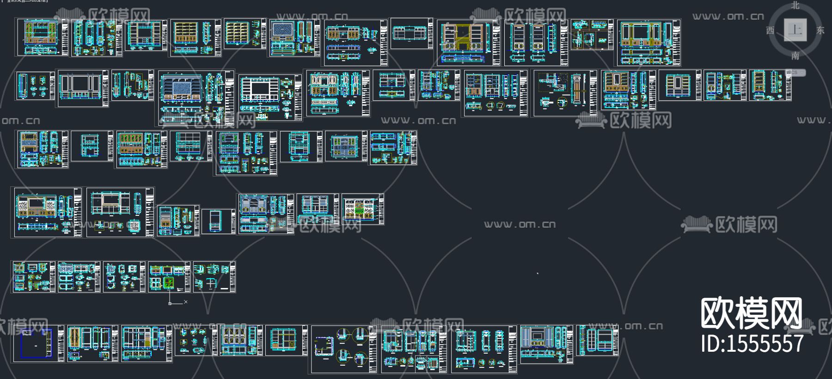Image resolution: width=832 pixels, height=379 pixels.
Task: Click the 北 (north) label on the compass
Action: pos(795,5)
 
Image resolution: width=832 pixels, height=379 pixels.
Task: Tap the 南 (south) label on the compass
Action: pos(795,55)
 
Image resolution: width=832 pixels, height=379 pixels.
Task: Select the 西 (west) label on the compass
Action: pos(770,30)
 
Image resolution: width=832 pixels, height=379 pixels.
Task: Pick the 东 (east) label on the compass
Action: pos(820,30)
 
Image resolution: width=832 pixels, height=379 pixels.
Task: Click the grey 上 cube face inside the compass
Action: pos(795,30)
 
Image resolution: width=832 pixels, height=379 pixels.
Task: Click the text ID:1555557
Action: pos(752,344)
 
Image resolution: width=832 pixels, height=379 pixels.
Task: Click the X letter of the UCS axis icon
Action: pos(186,302)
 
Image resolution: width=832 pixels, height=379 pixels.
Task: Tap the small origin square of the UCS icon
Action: pos(170,303)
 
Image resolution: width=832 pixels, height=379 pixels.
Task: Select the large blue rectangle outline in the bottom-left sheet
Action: pos(36,344)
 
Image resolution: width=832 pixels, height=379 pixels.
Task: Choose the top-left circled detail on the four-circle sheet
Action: pos(342,335)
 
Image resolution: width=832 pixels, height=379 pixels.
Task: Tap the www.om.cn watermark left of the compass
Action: pos(728,17)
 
